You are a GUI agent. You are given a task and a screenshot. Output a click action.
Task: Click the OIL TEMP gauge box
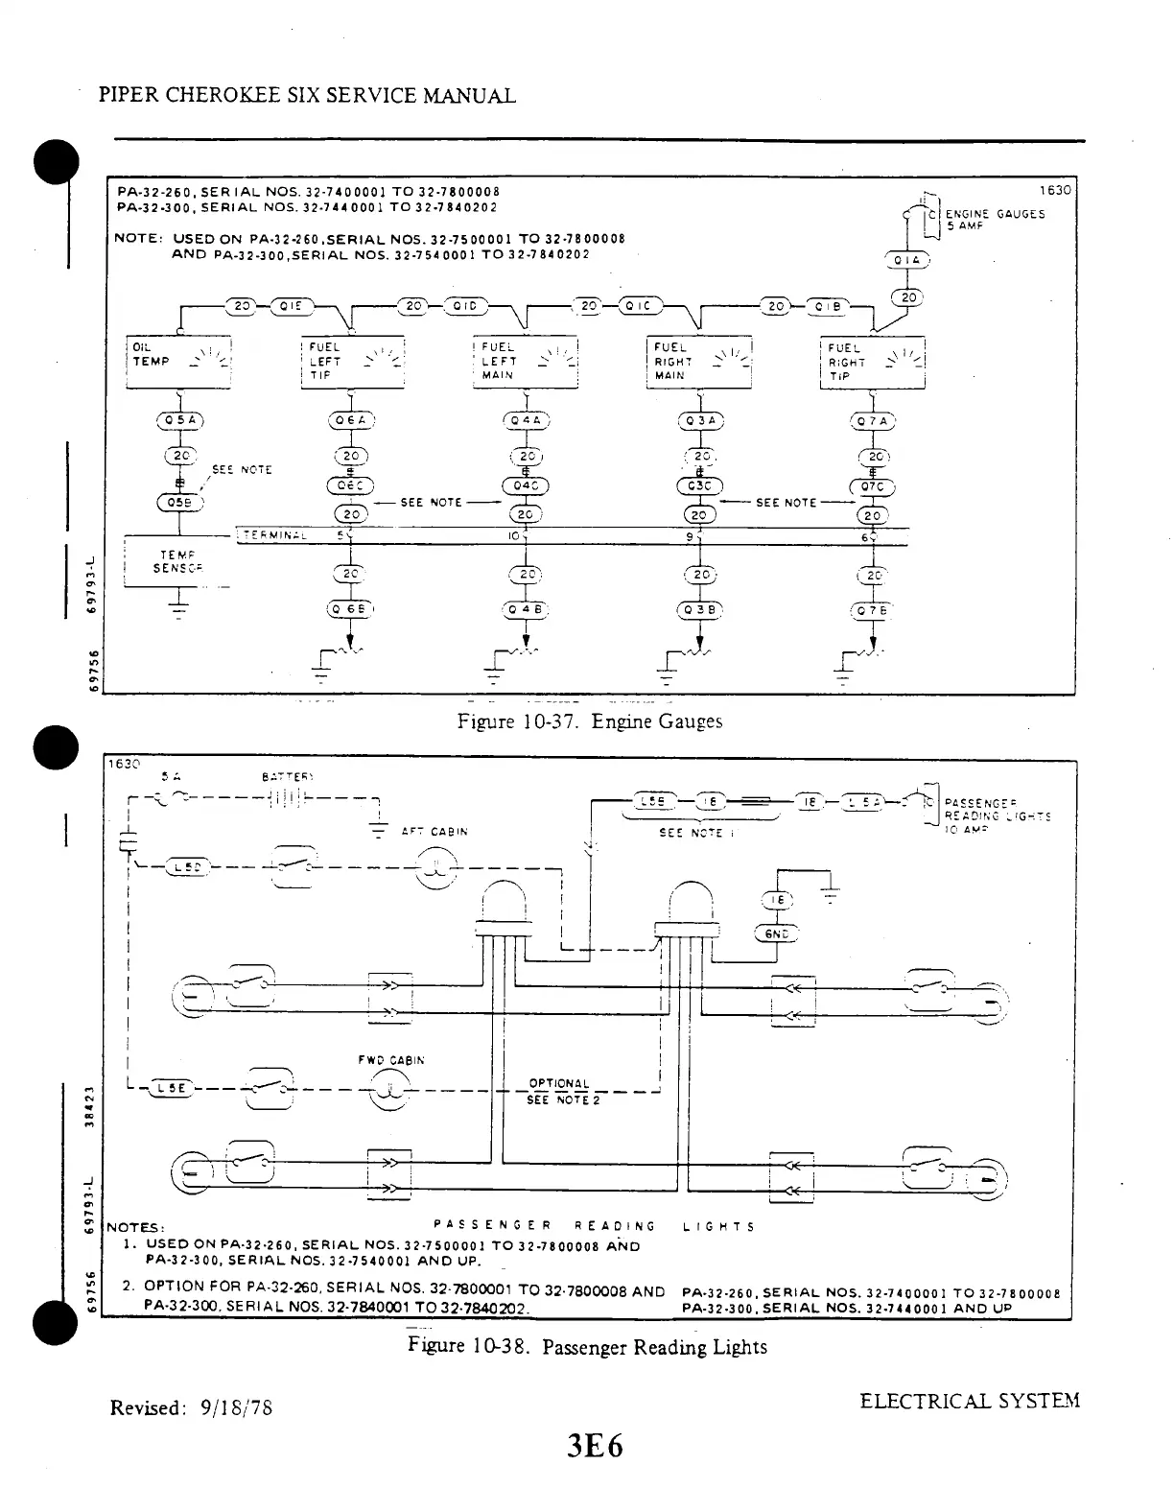coord(179,362)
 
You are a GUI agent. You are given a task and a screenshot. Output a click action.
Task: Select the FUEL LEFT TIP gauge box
coord(353,362)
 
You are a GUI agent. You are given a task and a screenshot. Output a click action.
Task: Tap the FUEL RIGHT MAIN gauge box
coord(699,362)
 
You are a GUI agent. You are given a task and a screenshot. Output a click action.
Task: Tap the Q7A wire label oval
coord(873,421)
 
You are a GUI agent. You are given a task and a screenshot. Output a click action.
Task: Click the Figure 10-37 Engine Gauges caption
coord(590,721)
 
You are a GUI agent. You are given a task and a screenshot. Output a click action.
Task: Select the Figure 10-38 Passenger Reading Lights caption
coord(587,1346)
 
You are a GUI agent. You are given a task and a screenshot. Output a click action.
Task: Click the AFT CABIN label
coord(434,832)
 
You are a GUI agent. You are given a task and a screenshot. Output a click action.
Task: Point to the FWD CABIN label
coord(390,1061)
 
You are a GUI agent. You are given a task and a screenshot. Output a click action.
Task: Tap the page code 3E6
coord(594,1445)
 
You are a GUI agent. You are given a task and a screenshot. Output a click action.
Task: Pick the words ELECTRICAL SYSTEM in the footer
coord(969,1401)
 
